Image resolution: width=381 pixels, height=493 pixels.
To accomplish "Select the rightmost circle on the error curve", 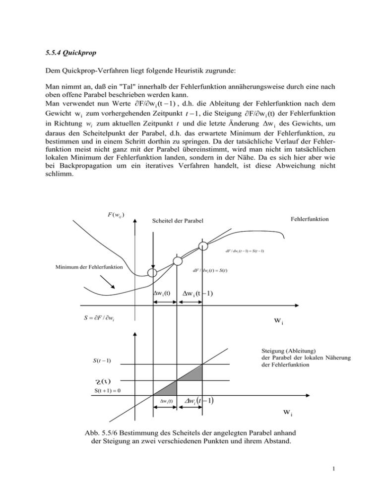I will [203, 246].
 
